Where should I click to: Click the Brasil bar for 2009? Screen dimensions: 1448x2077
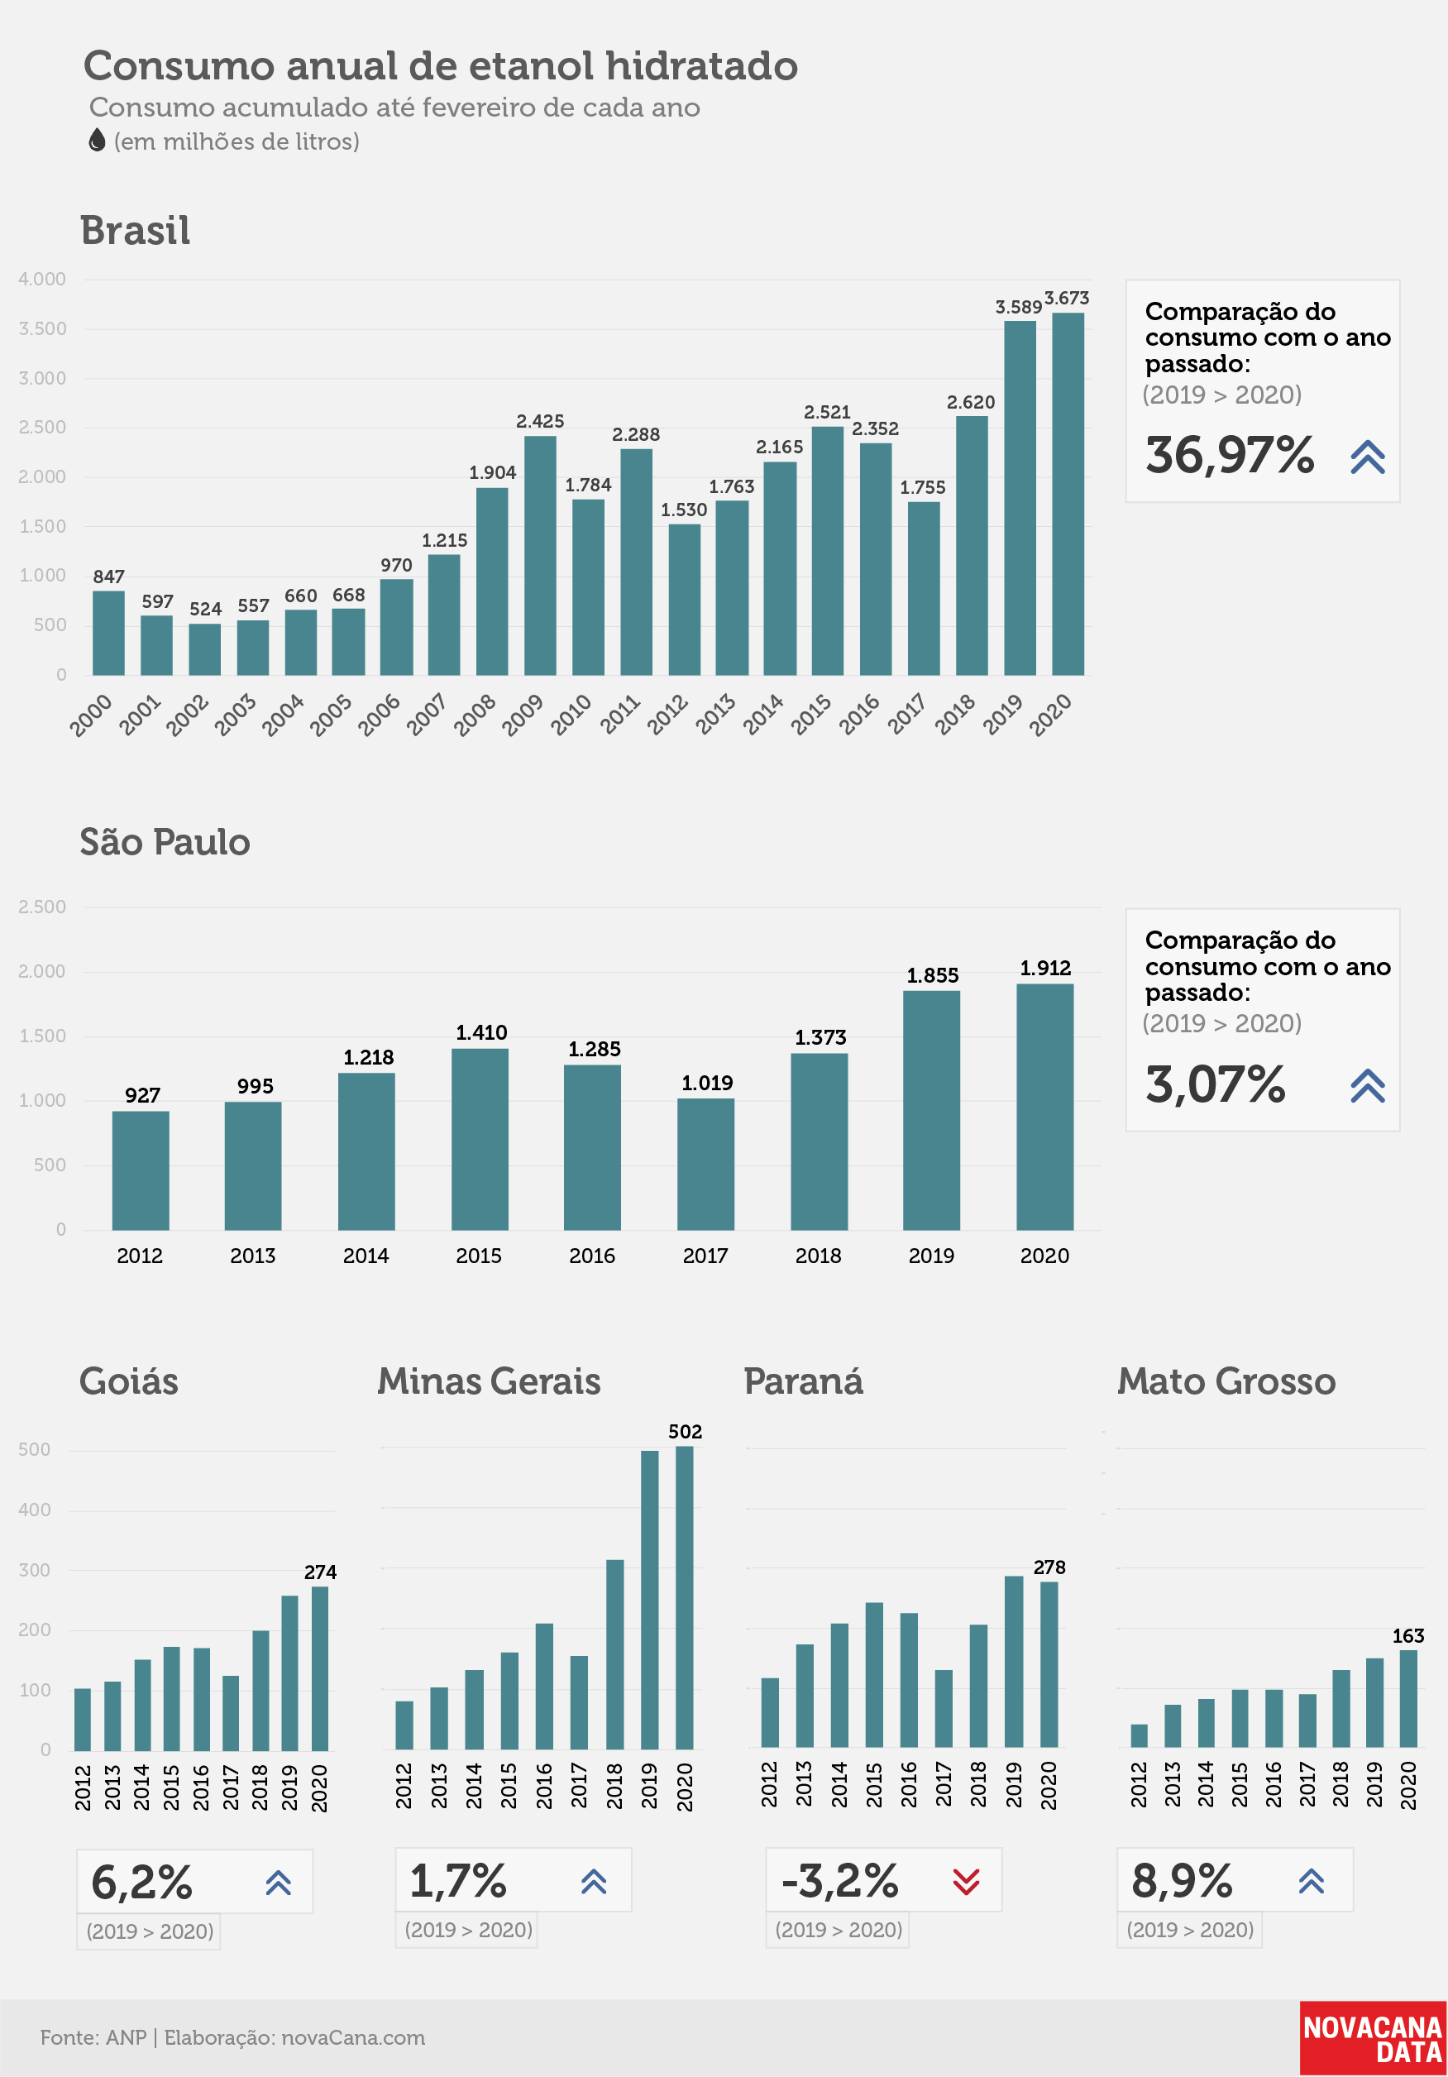coord(540,555)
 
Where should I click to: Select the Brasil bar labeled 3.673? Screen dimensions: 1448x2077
coord(1068,494)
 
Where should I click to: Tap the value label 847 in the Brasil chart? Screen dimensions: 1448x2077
coord(108,577)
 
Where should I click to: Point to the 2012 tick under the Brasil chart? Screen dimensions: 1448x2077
coord(667,715)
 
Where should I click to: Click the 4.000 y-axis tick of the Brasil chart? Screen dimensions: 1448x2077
coord(42,280)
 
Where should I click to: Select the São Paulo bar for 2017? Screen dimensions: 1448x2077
coord(705,1165)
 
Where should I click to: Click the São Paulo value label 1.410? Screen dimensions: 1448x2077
coord(481,1033)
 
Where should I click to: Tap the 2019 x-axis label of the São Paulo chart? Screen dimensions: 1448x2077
coord(932,1256)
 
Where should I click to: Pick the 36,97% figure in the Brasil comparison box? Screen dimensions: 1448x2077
coord(1229,455)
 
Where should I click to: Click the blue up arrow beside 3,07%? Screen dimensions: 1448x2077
coord(1368,1085)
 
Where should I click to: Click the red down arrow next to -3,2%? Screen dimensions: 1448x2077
coord(966,1883)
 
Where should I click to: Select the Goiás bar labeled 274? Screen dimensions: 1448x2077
coord(320,1669)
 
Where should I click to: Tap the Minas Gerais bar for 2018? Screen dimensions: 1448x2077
coord(615,1654)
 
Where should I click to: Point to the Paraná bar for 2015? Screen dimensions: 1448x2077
coord(874,1675)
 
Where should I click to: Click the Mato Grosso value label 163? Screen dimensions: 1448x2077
coord(1408,1636)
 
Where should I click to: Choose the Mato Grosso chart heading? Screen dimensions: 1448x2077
coord(1226,1382)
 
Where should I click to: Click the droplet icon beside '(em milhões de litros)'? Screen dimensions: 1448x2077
coord(97,141)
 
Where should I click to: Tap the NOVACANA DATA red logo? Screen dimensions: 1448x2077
coord(1373,2039)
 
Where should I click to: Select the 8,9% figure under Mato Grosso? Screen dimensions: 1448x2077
coord(1181,1882)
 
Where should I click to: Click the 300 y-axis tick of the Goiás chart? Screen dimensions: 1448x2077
coord(35,1571)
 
